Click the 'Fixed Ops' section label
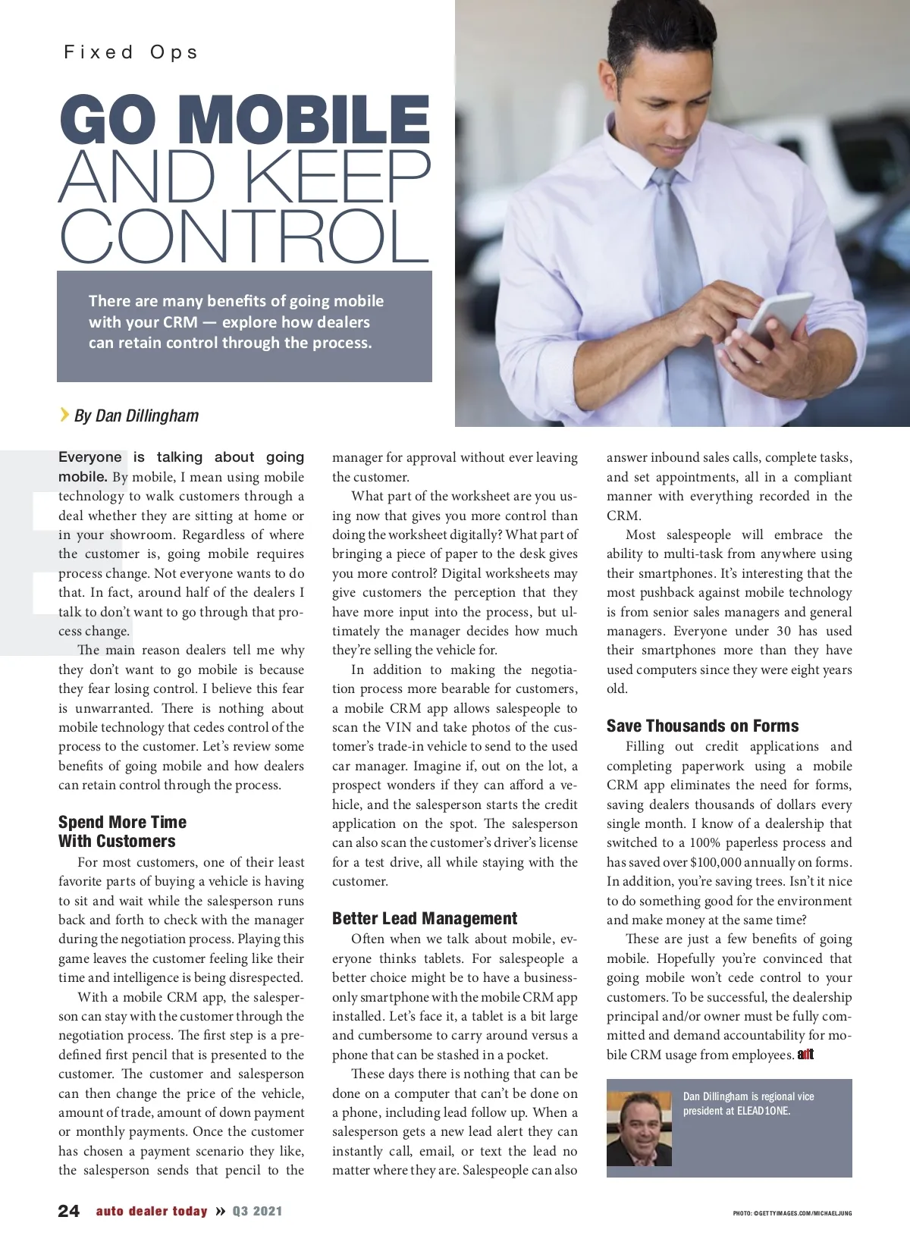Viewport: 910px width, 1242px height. point(130,52)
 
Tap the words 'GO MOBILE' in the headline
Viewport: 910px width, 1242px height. point(245,120)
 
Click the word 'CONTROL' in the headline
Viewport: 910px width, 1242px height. point(245,236)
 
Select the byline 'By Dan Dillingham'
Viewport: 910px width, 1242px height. point(136,416)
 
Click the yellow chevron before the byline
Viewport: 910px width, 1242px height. point(64,414)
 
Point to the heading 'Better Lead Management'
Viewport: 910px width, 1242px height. point(425,919)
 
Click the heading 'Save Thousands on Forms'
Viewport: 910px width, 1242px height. point(702,726)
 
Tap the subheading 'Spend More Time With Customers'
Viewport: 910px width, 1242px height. point(122,832)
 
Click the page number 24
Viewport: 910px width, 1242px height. point(68,1211)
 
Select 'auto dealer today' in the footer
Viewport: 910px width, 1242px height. point(152,1211)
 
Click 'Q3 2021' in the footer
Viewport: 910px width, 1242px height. point(257,1211)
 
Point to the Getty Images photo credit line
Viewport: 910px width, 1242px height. point(792,1213)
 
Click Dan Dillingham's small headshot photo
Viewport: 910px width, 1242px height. point(639,1128)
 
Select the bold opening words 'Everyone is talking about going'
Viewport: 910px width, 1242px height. point(181,457)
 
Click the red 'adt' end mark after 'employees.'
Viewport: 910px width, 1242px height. point(805,1055)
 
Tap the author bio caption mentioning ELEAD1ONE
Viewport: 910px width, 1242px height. point(748,1103)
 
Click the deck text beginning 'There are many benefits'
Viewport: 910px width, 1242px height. point(236,321)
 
